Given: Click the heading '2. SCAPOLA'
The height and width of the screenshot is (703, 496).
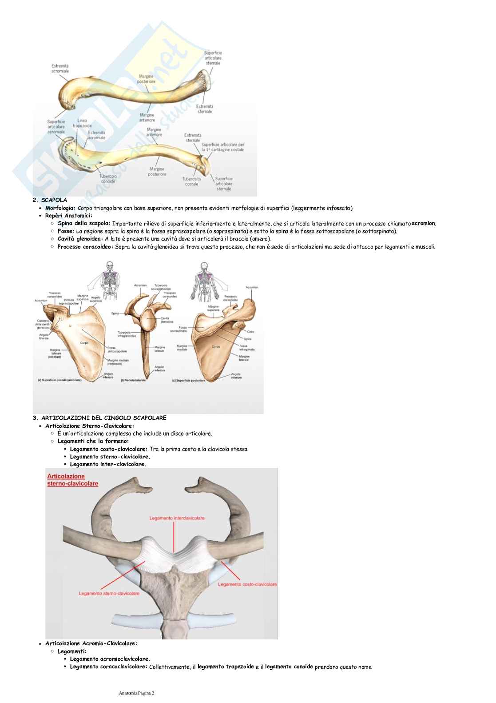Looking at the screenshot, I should [x=50, y=200].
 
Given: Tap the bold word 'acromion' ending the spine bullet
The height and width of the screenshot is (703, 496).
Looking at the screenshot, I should [x=423, y=223].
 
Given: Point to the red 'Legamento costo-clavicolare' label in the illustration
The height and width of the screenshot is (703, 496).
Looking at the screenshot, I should [x=247, y=584].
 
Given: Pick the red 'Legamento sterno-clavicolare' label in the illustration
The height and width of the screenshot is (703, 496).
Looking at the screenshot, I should [x=110, y=593].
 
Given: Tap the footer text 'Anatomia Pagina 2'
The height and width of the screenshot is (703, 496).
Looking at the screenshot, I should [x=137, y=693].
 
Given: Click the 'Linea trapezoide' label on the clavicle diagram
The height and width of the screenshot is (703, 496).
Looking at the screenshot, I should [x=82, y=123].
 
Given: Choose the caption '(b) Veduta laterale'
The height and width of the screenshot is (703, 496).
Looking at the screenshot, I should [x=134, y=380].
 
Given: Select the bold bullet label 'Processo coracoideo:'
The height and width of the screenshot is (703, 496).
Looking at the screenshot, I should [x=85, y=246].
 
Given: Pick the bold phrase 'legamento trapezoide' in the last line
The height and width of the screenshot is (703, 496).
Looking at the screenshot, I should [x=226, y=667].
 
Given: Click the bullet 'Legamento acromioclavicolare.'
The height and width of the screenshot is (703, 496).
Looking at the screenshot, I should [x=110, y=659].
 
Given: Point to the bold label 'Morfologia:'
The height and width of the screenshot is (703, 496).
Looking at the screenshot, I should [x=60, y=208].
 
